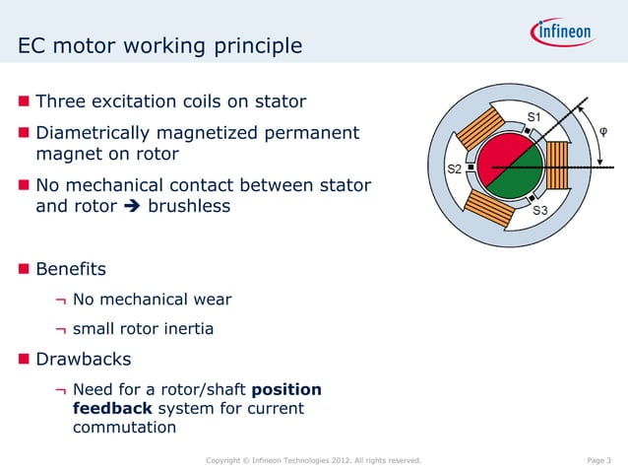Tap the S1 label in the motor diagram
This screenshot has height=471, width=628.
tap(533, 118)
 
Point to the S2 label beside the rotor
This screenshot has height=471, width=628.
tap(456, 168)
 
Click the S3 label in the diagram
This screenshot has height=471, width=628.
tap(540, 211)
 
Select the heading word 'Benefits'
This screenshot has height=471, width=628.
tap(71, 268)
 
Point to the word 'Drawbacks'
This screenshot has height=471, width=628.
tap(83, 359)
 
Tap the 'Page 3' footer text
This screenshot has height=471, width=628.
tap(598, 460)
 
